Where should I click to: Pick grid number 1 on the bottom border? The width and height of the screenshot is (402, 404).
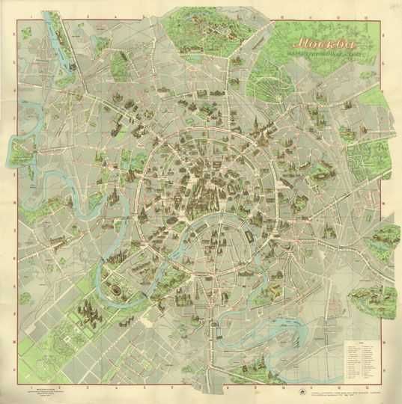28,386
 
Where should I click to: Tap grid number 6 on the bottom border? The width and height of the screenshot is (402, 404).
171,386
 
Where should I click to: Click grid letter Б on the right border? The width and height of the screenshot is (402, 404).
387,61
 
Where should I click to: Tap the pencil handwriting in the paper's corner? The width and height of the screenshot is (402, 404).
392,7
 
